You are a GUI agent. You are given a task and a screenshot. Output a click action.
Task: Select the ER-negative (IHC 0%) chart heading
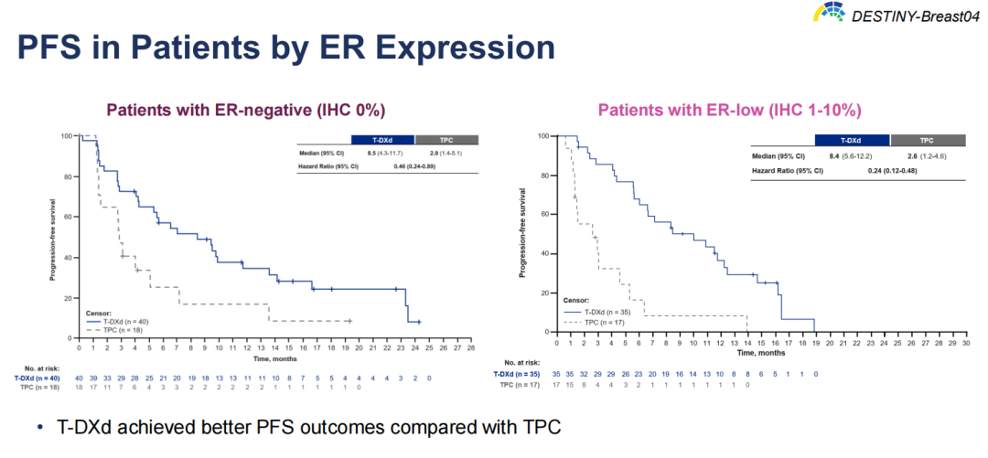246,110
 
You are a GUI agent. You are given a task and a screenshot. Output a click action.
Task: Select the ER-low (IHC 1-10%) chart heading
729,110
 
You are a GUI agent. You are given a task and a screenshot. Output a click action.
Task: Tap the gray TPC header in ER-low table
927,141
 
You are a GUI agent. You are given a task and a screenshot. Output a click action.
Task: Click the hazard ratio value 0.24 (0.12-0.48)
886,169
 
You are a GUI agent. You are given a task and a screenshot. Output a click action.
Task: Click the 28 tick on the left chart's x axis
496,347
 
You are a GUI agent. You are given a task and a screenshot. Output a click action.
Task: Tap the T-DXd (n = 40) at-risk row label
37,378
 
